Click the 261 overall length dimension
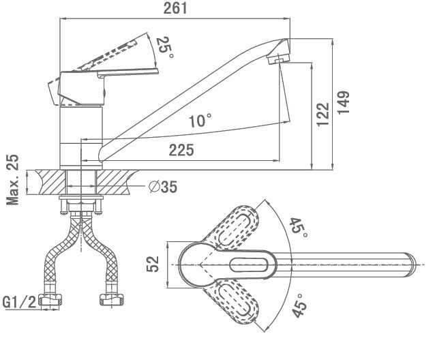click(175, 8)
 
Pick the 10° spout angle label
click(200, 121)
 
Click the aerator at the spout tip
click(276, 61)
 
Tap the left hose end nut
click(50, 300)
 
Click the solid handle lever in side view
click(109, 73)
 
